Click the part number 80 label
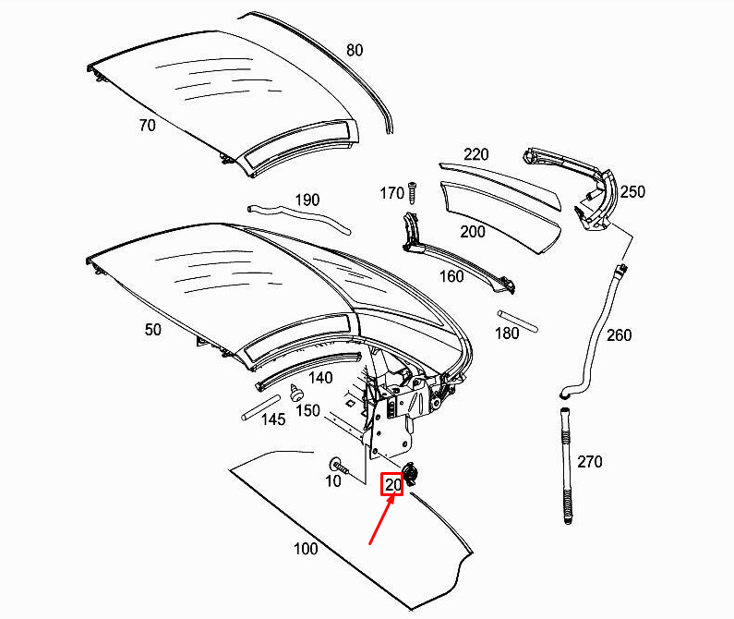(355, 50)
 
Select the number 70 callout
(147, 125)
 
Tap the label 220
(476, 154)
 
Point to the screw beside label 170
(412, 192)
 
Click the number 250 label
(632, 191)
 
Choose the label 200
(473, 232)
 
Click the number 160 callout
(451, 276)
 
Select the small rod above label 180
(518, 321)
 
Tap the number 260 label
(619, 335)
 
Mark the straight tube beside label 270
(566, 466)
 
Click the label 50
(152, 330)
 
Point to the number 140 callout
(320, 378)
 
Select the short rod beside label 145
(260, 407)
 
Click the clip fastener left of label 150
(295, 393)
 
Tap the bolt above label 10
(339, 466)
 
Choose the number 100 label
(306, 548)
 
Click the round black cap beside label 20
(411, 474)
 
